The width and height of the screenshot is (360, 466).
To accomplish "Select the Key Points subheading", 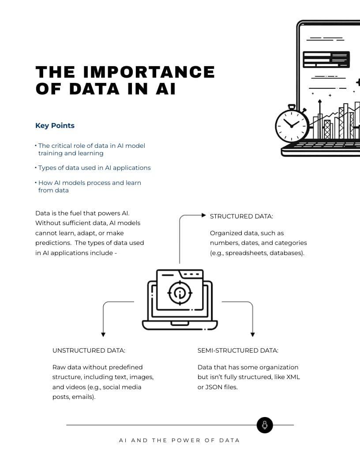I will [x=55, y=126].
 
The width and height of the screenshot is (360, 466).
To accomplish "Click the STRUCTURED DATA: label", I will [x=241, y=216].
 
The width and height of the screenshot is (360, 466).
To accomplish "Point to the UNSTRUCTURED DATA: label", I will [x=89, y=350].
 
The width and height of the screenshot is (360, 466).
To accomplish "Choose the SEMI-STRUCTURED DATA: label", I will [x=238, y=350].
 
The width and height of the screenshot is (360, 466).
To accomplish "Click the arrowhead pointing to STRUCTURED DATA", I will [x=204, y=215].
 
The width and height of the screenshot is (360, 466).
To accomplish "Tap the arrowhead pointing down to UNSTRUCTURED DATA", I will [x=103, y=335].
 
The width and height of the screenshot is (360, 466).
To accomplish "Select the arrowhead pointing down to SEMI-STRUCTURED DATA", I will [x=252, y=335].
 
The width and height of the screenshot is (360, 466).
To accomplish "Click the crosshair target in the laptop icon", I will [x=180, y=292].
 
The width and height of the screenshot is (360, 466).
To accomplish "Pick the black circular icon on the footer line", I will [x=265, y=425].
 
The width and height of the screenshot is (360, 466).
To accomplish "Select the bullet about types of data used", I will [x=94, y=168].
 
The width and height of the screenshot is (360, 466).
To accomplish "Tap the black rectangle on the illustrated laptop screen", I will [x=326, y=60].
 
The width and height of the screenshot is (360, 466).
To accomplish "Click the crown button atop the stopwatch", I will [x=292, y=106].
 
